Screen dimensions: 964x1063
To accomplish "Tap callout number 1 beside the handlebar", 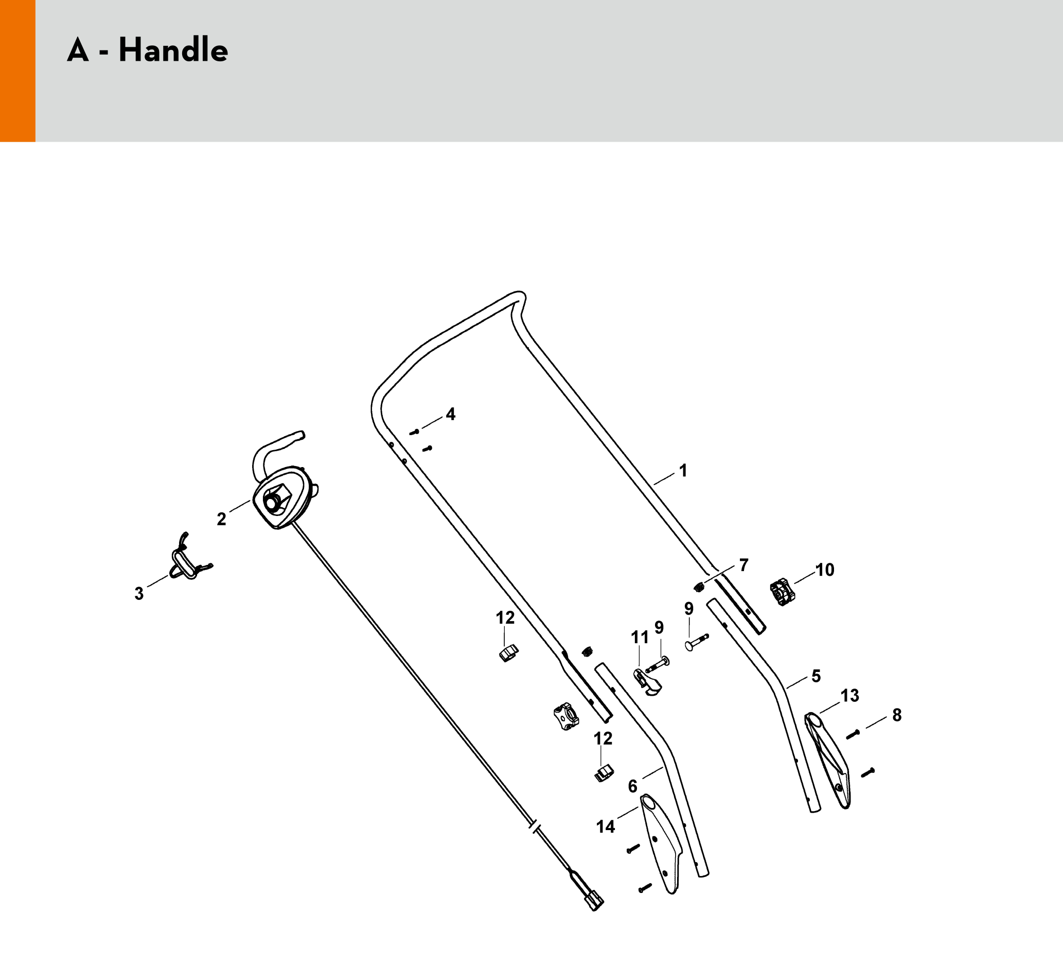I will tap(683, 470).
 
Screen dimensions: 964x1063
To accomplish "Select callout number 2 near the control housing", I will tap(221, 519).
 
